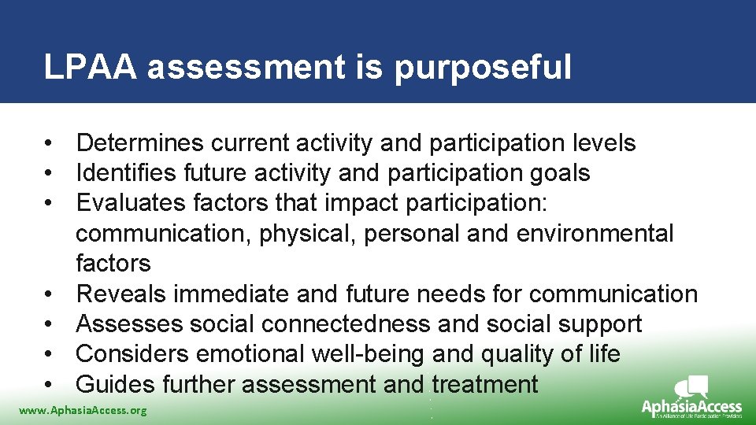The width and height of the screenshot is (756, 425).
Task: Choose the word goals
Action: (x=562, y=173)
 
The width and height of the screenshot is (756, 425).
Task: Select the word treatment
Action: (x=484, y=384)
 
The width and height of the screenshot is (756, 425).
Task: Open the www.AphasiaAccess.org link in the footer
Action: (x=83, y=410)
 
